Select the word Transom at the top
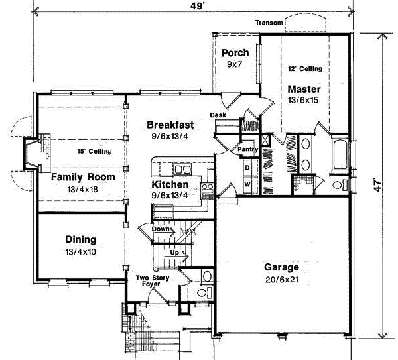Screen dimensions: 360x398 tap(269, 24)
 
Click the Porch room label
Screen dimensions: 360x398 tap(235, 53)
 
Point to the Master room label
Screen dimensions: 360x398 tap(304, 89)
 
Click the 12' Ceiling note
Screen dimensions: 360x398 tap(304, 68)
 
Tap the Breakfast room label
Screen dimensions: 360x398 tap(170, 125)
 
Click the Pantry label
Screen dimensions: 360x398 tap(247, 150)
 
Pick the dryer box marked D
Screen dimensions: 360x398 tap(246, 168)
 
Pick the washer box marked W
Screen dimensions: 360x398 tap(246, 184)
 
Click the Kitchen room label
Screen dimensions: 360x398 tap(170, 184)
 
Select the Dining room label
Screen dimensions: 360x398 tap(80, 239)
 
